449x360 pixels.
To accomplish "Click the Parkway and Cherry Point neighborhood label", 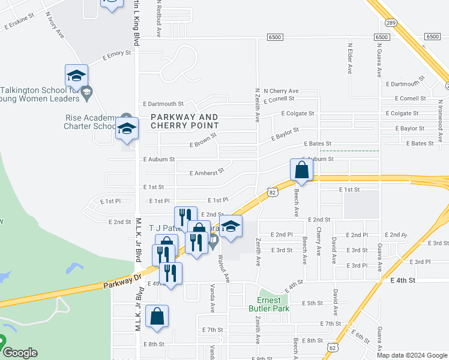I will point(184,121).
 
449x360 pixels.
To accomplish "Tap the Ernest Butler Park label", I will point(264,304).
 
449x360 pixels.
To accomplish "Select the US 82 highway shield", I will point(273,191).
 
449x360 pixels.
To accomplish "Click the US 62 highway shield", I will point(333,347).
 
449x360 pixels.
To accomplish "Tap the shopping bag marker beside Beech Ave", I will point(301,170).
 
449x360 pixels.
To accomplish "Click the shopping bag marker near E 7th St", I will point(157,317).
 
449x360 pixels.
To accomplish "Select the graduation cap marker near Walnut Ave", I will point(230,227).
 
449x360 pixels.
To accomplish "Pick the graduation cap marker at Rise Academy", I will point(127,130).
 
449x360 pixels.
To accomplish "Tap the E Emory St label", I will point(116,54).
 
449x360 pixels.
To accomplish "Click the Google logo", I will point(20,353).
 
